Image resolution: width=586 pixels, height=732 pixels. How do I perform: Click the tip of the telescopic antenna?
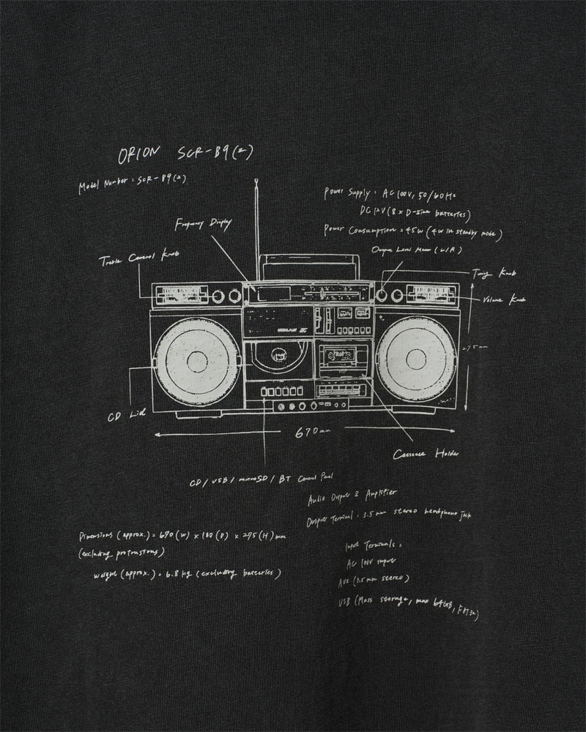[x=256, y=180]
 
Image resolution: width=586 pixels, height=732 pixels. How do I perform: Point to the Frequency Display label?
[x=204, y=224]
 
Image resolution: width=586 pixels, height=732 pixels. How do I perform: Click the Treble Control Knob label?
[x=138, y=258]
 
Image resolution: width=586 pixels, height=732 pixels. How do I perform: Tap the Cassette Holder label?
[x=426, y=455]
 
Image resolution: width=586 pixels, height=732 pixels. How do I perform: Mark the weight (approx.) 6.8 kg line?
[x=187, y=574]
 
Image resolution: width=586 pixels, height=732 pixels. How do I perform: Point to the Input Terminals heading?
[x=374, y=546]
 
